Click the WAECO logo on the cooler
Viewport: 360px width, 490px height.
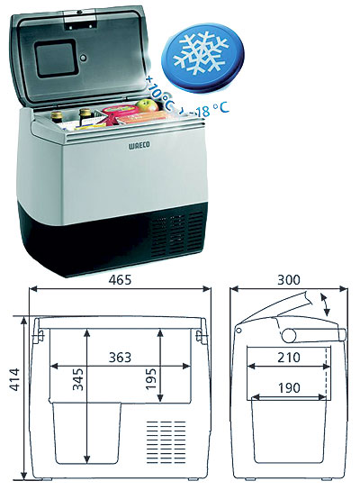click(x=139, y=145)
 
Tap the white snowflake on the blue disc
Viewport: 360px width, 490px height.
click(x=201, y=53)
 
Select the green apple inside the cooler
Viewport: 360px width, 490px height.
click(x=148, y=105)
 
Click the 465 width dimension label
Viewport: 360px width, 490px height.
click(x=120, y=280)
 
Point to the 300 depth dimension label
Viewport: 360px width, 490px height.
click(x=289, y=280)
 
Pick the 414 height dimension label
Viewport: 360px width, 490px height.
click(x=14, y=380)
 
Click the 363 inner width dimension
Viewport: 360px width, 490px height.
click(x=120, y=358)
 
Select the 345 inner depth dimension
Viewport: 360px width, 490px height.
click(x=78, y=379)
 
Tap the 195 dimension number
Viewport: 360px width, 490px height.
click(x=151, y=378)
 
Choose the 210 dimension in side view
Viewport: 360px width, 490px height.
click(x=289, y=358)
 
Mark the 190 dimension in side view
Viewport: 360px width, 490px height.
click(x=289, y=388)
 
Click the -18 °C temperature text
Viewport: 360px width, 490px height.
click(x=210, y=110)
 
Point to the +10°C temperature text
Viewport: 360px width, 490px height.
click(x=160, y=92)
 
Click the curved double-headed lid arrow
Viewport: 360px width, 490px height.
click(x=325, y=304)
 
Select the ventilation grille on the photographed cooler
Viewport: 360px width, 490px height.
click(x=176, y=234)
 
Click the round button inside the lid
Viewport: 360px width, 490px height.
click(x=84, y=58)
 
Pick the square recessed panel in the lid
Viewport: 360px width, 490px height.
click(x=55, y=59)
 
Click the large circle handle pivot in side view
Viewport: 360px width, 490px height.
click(x=289, y=335)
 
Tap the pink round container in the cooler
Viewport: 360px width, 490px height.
click(x=120, y=109)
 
